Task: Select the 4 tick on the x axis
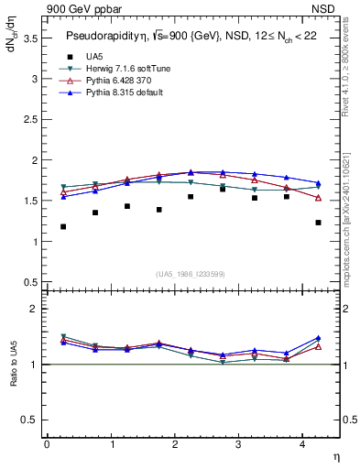pyautogui.click(x=304, y=444)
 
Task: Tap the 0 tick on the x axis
pyautogui.click(x=47, y=444)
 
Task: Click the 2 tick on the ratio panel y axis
pyautogui.click(x=34, y=310)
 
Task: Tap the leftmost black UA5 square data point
pyautogui.click(x=63, y=226)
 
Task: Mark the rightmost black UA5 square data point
pyautogui.click(x=318, y=223)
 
